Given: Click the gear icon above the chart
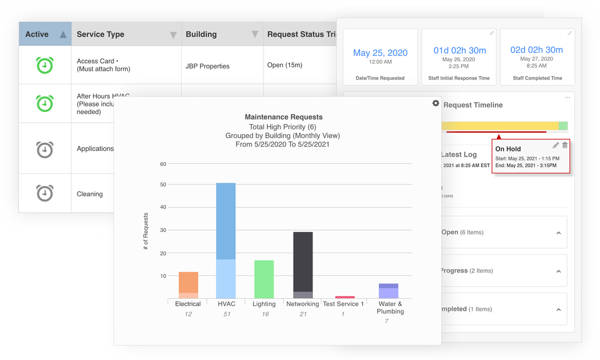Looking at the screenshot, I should click(x=436, y=103).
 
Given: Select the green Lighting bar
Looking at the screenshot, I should click(x=264, y=279).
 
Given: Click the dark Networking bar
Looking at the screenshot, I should click(x=303, y=262).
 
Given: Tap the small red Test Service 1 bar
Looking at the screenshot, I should click(x=345, y=297).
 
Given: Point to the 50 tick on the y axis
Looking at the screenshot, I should click(x=163, y=184).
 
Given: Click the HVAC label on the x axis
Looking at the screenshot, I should click(x=226, y=304).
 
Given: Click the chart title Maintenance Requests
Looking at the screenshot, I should click(x=284, y=117).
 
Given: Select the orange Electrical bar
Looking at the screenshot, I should click(x=188, y=283).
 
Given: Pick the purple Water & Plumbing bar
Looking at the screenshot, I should click(x=388, y=291).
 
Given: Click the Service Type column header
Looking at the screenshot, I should click(x=100, y=35).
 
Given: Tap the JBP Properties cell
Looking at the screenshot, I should click(x=207, y=66).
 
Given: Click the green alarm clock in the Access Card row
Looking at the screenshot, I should click(x=45, y=65).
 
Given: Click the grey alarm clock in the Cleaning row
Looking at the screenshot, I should click(x=45, y=193).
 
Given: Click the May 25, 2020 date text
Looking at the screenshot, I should click(x=380, y=53).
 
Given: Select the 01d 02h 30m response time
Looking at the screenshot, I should click(x=460, y=50).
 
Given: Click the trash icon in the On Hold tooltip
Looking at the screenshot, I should click(x=565, y=145).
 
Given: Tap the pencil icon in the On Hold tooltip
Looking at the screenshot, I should click(x=555, y=145).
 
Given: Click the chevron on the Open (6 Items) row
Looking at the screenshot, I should click(x=558, y=233).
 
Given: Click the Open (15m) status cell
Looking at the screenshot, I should click(x=285, y=65).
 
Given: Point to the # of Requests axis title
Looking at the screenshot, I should click(x=146, y=231).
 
